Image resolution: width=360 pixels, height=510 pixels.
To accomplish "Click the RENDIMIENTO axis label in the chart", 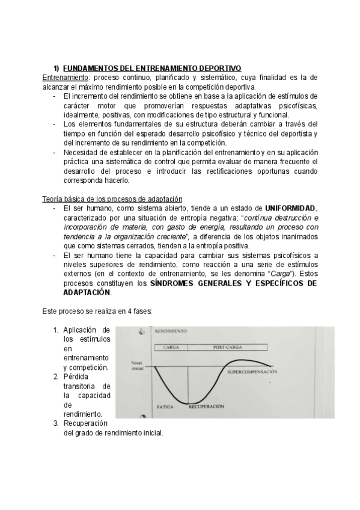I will click(171, 331).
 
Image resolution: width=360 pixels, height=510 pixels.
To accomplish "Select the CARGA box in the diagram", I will click(171, 348).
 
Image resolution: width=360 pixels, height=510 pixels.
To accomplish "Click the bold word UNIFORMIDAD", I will click(290, 208).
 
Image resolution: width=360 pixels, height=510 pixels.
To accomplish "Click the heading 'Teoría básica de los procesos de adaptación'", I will click(112, 199).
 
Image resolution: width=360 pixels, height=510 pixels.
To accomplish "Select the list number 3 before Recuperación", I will click(55, 423).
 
